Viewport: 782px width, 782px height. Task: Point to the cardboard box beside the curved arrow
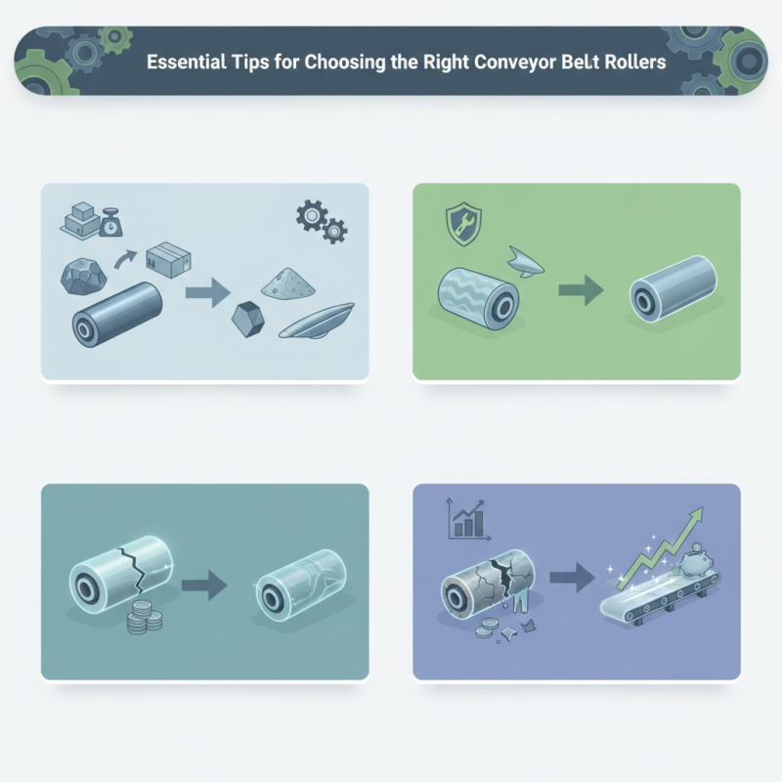point(163,261)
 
